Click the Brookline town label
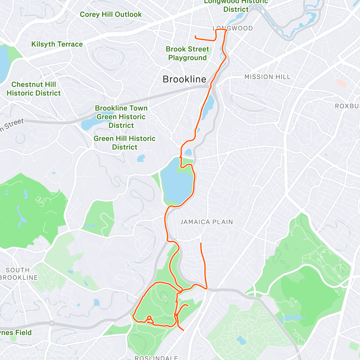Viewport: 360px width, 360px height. coord(184,79)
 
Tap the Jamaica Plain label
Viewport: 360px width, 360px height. coord(206,222)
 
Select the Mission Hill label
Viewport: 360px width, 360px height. coord(267,77)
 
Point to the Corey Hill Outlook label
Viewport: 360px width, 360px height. coord(111,14)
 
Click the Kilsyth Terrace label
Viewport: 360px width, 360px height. coord(57,44)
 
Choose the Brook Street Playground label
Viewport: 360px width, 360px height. coord(187,53)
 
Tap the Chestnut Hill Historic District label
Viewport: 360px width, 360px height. coord(34,89)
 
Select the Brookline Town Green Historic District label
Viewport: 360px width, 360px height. coord(121,117)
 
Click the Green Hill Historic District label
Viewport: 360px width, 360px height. coord(124,143)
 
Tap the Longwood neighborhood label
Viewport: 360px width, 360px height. coord(233,28)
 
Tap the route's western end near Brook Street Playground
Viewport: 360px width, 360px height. coord(195,37)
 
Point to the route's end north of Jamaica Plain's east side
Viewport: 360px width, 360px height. coord(201,243)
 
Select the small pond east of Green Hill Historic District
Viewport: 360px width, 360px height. coord(141,158)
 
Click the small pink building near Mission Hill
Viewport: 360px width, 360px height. coord(341,83)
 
